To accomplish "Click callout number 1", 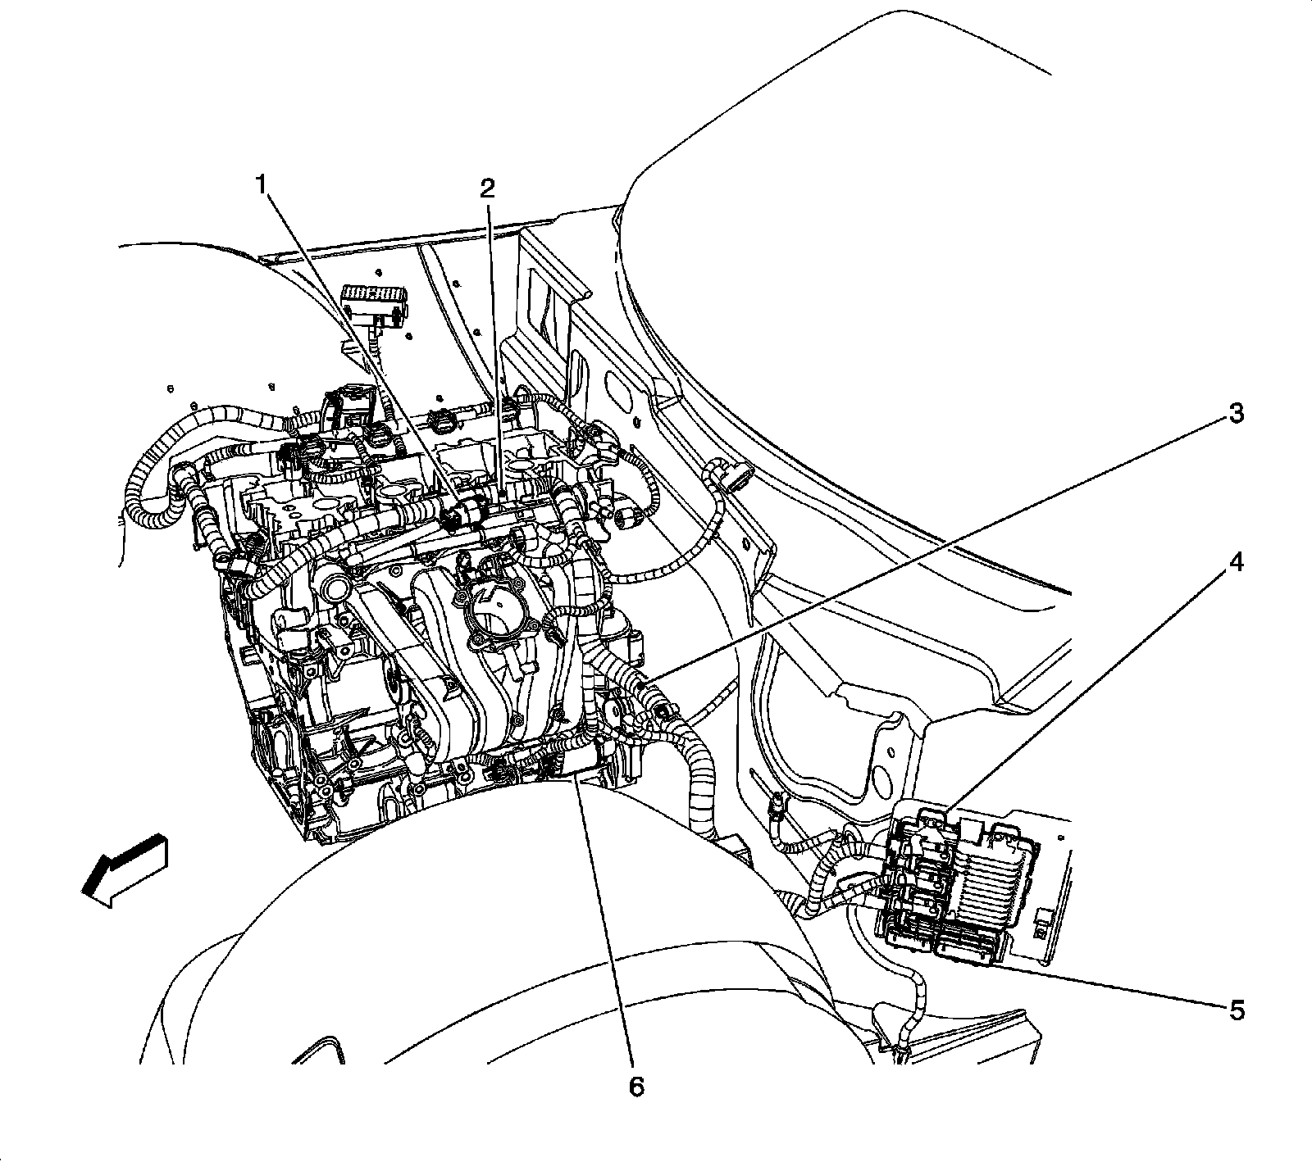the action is pos(262,185).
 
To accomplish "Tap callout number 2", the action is pos(487,189).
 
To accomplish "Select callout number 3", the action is pos(1235,413).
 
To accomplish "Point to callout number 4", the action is pos(1235,562).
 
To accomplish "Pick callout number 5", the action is pos(1236,1010).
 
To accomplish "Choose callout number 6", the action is pos(636,1087).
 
